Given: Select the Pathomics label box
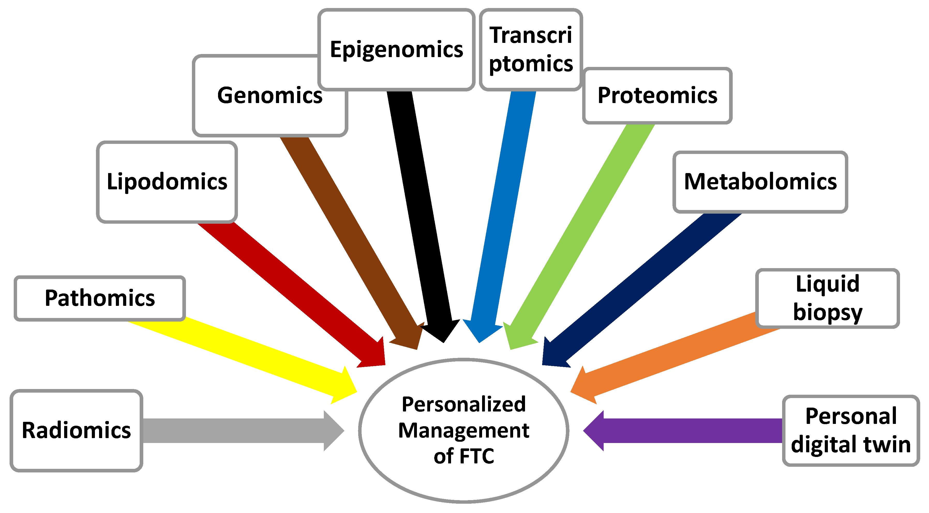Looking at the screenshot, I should pyautogui.click(x=100, y=298).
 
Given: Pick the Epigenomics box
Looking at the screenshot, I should pyautogui.click(x=396, y=49).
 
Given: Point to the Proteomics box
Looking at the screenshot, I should pyautogui.click(x=657, y=96).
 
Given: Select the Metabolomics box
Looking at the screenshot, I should pyautogui.click(x=760, y=182).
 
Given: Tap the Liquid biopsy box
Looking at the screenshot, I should pyautogui.click(x=827, y=298).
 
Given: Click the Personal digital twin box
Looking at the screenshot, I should pyautogui.click(x=851, y=431).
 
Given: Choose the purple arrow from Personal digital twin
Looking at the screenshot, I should pyautogui.click(x=685, y=431).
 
